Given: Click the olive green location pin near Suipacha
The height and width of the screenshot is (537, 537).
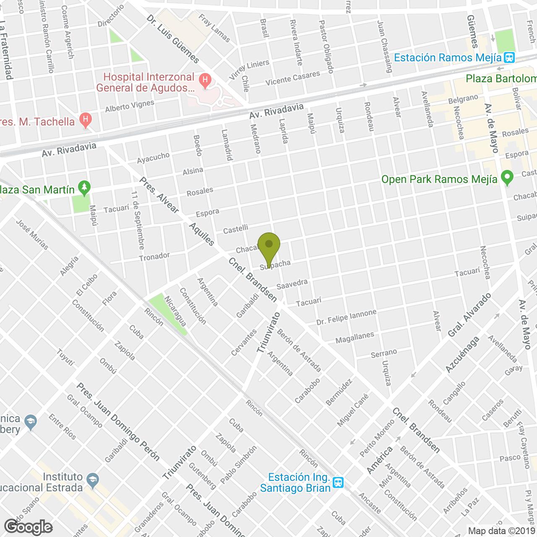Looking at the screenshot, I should pyautogui.click(x=268, y=246).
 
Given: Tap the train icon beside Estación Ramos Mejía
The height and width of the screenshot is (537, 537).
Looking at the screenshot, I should pyautogui.click(x=510, y=57).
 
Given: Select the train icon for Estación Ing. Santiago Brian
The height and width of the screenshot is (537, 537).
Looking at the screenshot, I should pyautogui.click(x=338, y=482).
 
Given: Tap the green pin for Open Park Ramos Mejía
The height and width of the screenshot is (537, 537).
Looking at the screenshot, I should pyautogui.click(x=507, y=179).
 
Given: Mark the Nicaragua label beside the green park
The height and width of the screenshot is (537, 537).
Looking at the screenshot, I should pyautogui.click(x=175, y=311).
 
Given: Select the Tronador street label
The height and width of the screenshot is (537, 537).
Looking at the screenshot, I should pyautogui.click(x=154, y=256).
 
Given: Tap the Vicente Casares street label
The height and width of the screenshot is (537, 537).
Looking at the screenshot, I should pyautogui.click(x=293, y=78).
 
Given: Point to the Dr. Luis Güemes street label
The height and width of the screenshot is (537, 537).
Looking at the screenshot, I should pyautogui.click(x=173, y=39).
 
